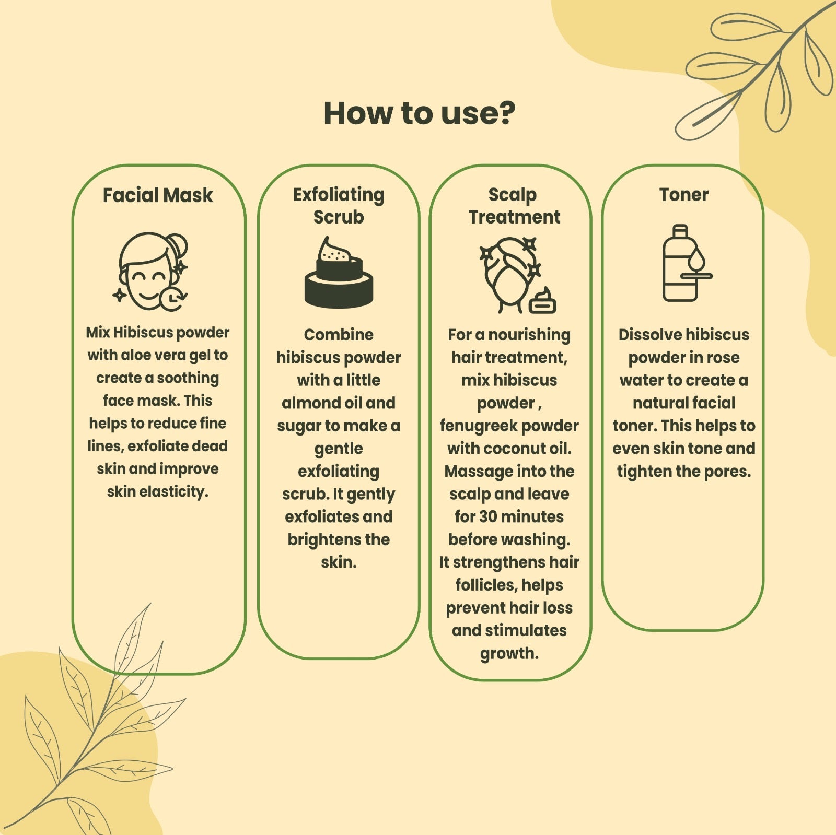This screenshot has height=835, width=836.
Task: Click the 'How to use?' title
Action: coord(420,113)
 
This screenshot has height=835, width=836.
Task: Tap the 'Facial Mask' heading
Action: coord(158,195)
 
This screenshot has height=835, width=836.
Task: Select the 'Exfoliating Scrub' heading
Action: coord(339,205)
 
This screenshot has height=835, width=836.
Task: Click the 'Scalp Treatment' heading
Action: coord(514,205)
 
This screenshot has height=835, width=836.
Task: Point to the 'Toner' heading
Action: coord(683,195)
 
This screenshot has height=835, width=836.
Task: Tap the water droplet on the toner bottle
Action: coord(696,260)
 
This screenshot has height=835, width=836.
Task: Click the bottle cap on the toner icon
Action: coord(680,230)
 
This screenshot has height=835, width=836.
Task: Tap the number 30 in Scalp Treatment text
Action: coord(488,517)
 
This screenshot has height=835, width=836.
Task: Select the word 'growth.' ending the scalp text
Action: coord(509,654)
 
